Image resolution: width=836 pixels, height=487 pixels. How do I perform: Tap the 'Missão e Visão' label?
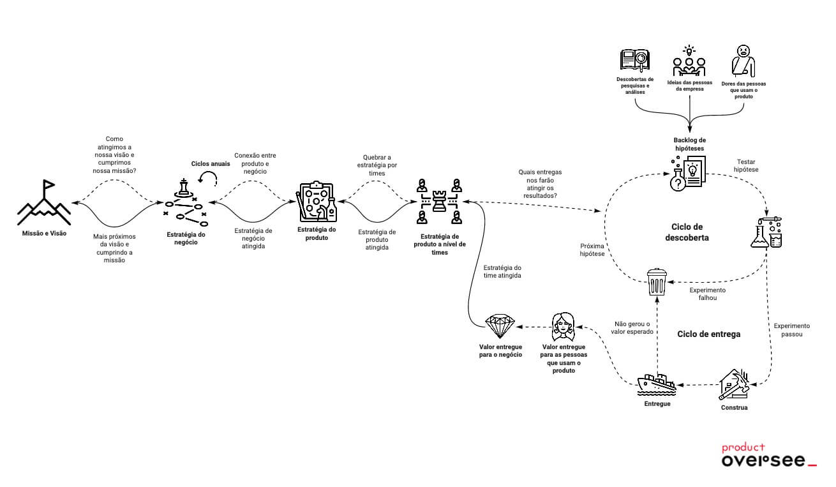[45, 234]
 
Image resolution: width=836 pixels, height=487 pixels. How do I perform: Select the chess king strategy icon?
[184, 188]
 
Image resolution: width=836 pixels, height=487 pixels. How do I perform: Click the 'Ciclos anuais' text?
[211, 163]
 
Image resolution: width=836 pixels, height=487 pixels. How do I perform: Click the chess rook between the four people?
[440, 202]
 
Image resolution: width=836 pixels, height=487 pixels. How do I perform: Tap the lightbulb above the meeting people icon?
[689, 50]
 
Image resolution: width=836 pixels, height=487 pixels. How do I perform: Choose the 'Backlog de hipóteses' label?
[689, 144]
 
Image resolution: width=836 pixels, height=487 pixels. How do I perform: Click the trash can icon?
[657, 281]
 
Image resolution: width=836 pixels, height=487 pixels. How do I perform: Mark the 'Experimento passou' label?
[791, 329]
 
